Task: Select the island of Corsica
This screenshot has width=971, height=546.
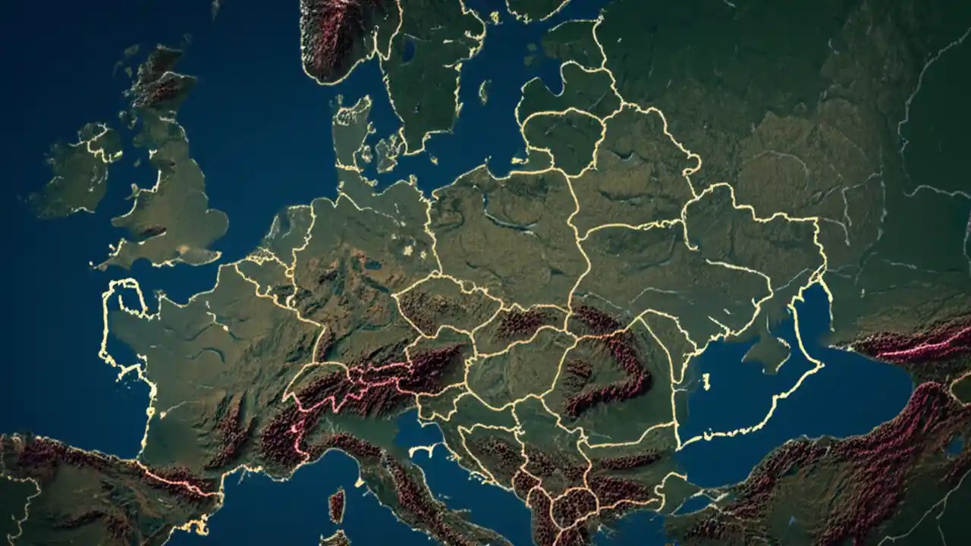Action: tap(337, 504)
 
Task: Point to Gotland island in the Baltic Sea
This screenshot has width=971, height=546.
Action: tap(483, 91)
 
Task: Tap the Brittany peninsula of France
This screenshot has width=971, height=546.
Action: tap(125, 303)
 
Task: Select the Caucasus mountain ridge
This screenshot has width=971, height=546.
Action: tap(910, 345)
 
